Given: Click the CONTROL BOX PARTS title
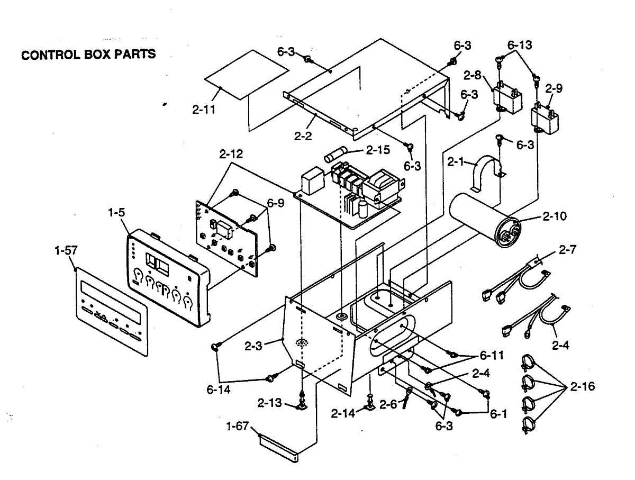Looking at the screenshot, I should click(88, 54).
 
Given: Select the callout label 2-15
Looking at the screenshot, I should click(378, 150).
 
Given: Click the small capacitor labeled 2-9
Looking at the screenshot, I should click(545, 117).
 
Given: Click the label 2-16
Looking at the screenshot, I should click(582, 387).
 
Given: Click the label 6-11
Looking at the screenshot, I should click(492, 355).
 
